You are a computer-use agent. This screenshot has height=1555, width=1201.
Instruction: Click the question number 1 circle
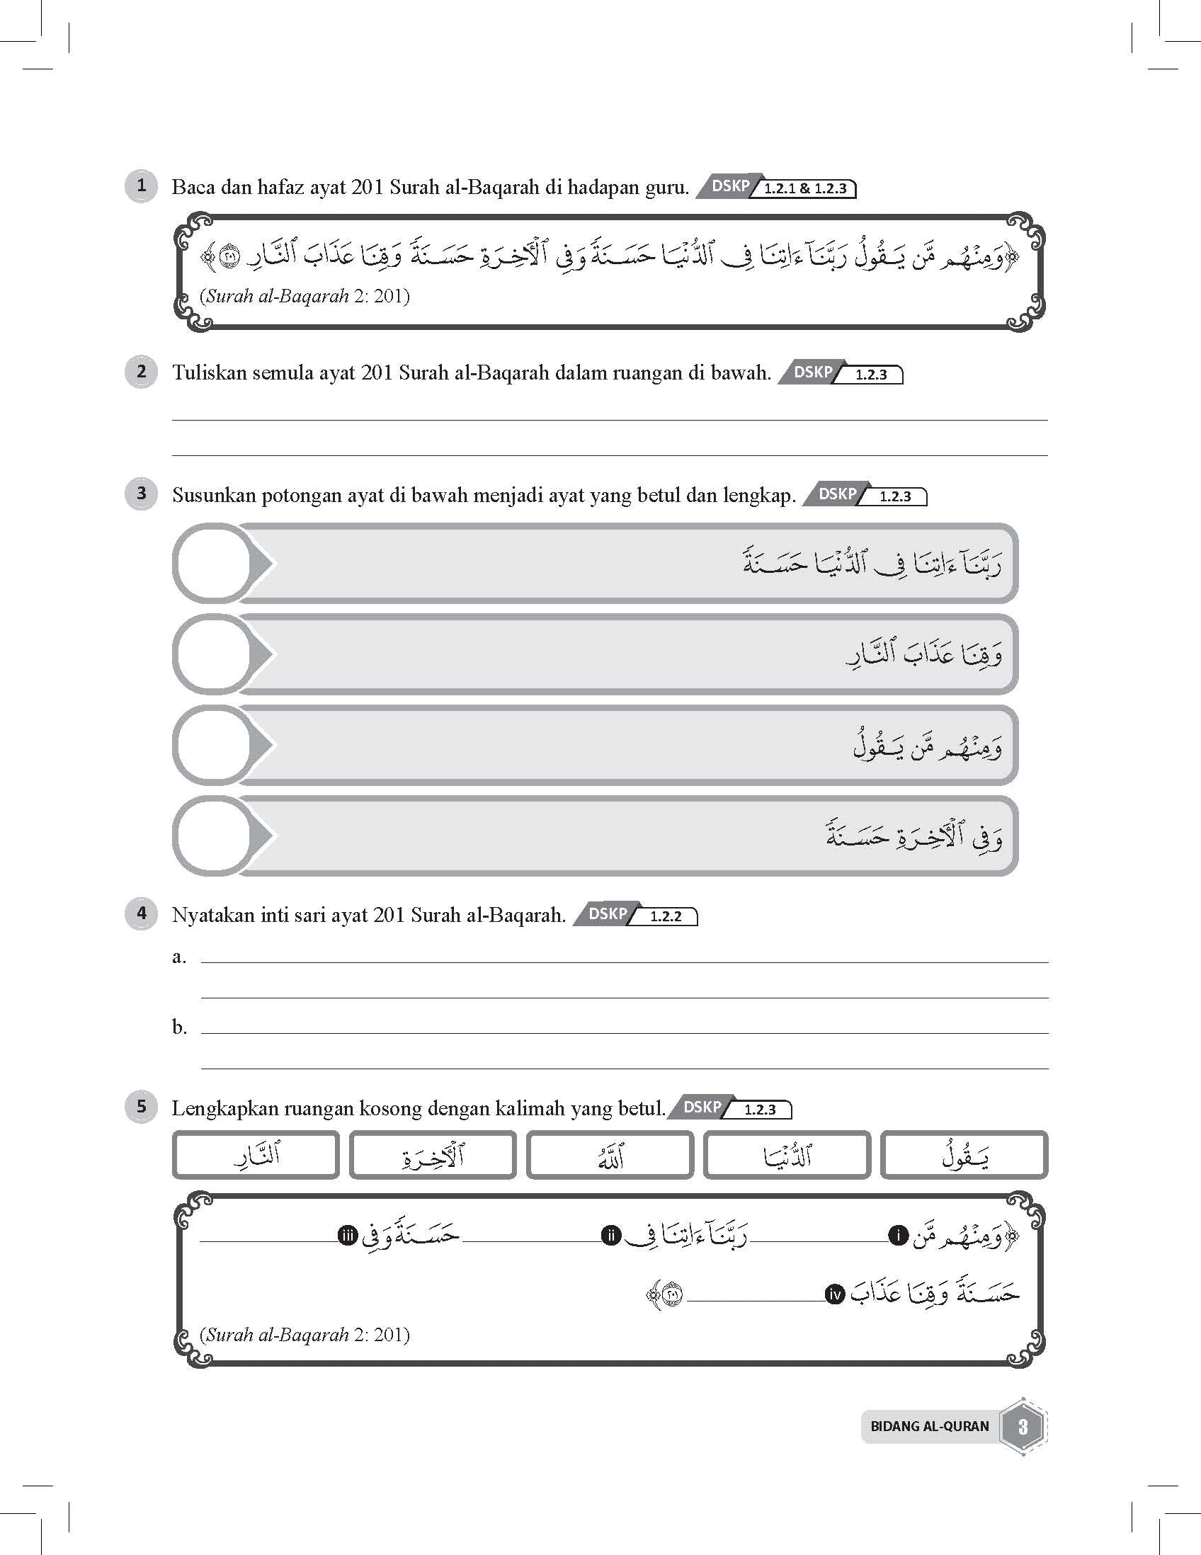(x=141, y=186)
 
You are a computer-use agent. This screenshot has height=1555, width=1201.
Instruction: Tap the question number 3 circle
(x=141, y=494)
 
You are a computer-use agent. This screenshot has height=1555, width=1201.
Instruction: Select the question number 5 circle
(x=141, y=1107)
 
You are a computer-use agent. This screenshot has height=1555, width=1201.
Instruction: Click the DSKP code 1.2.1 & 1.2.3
(x=805, y=188)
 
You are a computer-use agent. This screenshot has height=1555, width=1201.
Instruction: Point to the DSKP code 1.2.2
(x=666, y=917)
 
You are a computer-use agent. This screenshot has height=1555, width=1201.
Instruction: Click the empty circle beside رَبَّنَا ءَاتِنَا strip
(x=213, y=564)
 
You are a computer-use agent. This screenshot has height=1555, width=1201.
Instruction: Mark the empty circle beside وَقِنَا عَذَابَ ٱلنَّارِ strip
(x=213, y=654)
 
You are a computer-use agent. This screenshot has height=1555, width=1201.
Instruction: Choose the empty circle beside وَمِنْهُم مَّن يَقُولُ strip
(x=213, y=745)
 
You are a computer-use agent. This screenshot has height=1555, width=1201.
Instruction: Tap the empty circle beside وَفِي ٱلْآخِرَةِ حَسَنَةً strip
(x=213, y=835)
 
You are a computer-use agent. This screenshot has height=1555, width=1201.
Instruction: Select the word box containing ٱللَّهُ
(x=610, y=1155)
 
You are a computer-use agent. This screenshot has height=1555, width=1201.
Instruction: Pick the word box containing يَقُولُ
(x=964, y=1155)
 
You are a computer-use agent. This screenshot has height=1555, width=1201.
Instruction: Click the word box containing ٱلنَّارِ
(x=256, y=1155)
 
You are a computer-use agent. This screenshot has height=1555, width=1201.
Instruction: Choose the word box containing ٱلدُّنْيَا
(x=787, y=1155)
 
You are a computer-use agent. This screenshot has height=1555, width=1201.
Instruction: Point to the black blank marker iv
(x=834, y=1294)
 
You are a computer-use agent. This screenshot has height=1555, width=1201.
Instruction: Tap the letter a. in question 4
(x=178, y=957)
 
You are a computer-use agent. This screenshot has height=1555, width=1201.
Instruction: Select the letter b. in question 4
(x=178, y=1027)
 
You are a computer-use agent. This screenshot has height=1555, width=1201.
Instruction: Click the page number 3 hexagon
(x=1023, y=1426)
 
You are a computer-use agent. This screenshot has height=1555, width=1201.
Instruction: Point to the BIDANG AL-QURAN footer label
(x=929, y=1426)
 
